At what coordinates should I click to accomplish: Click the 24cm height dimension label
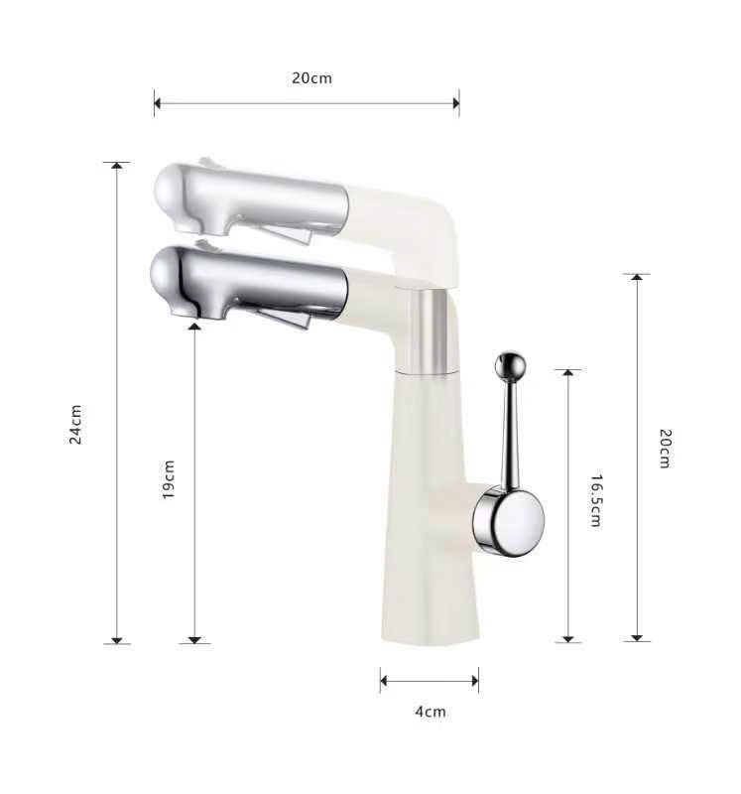pos(75,424)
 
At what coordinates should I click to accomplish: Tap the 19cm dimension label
pos(169,478)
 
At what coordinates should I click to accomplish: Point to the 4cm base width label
pos(430,711)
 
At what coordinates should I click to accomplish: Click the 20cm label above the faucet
pos(311,78)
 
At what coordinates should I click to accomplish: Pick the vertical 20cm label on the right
pos(666,449)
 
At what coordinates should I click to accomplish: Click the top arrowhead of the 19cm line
pos(194,327)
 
